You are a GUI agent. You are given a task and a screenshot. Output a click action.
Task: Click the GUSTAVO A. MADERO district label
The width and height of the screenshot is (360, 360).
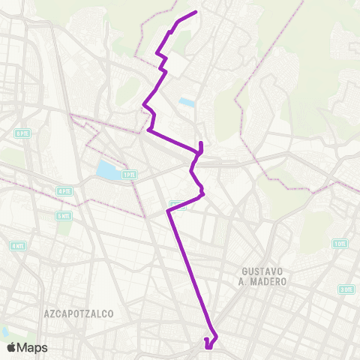[x=265, y=276]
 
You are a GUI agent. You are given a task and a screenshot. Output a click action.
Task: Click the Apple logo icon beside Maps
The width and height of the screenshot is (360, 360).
[x=11, y=347]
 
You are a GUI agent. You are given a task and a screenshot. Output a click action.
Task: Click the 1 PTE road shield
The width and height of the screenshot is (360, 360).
[x=129, y=174]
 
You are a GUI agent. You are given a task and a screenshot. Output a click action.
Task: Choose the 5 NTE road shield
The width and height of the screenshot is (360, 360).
[x=62, y=216]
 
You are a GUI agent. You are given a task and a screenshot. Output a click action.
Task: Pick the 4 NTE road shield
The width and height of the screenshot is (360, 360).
[x=17, y=245]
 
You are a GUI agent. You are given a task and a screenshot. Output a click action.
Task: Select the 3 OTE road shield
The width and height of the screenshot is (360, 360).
[x=346, y=289]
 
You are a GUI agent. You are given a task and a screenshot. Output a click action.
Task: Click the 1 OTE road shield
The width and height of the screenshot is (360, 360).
[x=341, y=244]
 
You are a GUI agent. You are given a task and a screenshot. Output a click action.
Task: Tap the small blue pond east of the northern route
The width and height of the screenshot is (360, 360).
[x=187, y=102]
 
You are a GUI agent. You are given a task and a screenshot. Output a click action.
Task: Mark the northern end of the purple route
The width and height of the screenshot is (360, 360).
[x=196, y=11]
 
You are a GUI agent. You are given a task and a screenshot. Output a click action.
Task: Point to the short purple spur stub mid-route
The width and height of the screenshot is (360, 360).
[x=200, y=145]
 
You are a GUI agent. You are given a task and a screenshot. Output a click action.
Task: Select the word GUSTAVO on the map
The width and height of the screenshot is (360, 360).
[x=262, y=270]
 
